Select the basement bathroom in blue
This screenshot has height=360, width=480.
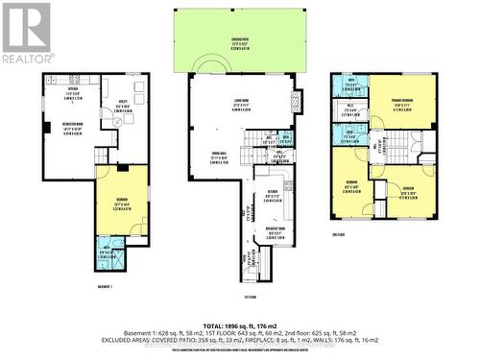[108, 254]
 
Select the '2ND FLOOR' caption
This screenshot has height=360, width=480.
[383, 231]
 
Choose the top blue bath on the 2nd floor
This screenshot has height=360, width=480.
[352, 84]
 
